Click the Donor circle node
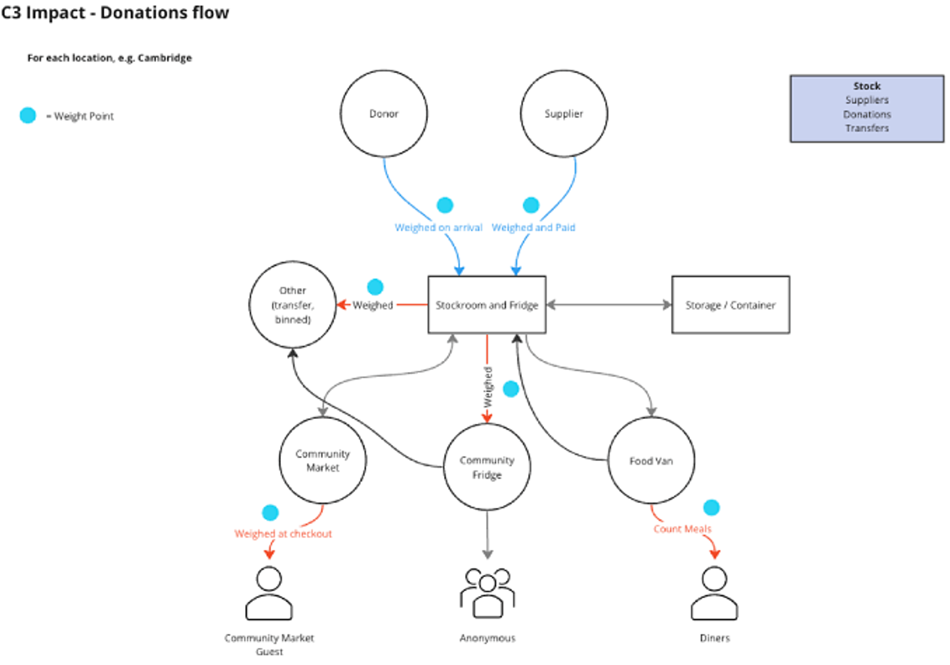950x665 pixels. point(383,114)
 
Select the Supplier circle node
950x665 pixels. point(564,114)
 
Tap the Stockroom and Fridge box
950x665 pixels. point(487,305)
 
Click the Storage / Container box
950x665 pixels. point(730,305)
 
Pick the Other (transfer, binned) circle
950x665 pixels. point(292,305)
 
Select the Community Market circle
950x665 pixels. point(323,460)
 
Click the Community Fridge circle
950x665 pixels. point(487,467)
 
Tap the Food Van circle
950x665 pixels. point(651,461)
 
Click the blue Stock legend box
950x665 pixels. point(866,109)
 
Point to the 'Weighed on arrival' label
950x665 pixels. point(438,228)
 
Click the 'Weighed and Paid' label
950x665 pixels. point(533,228)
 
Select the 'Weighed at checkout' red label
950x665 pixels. point(283,534)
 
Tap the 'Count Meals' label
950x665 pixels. point(682,529)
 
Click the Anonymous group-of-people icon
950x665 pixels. point(487,593)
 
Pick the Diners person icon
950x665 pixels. point(714,593)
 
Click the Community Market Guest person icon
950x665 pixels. point(269,593)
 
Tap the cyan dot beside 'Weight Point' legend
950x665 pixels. point(28,115)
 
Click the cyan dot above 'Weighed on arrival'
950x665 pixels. point(445,205)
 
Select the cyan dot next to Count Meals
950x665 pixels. point(711,507)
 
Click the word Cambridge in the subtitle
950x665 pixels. point(164,58)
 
